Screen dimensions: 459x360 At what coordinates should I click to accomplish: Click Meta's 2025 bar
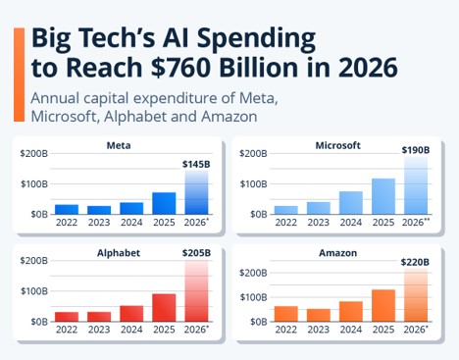coord(164,203)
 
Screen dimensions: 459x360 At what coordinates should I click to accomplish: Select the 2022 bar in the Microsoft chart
coord(286,210)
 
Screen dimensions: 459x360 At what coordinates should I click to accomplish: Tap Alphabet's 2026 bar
coord(196,290)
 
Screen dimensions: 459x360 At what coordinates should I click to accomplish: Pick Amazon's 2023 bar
coord(319,315)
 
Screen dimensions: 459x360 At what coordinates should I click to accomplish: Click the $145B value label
coord(196,165)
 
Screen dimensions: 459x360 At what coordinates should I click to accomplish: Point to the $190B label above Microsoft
coord(416,150)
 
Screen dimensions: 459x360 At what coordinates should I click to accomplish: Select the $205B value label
coord(196,253)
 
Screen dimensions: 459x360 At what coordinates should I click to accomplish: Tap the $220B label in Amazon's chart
coord(415,262)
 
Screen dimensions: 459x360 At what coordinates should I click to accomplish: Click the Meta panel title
coord(119,145)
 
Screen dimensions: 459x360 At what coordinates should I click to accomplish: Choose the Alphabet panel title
coord(119,253)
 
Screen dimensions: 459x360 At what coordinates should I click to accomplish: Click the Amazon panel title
coord(338,253)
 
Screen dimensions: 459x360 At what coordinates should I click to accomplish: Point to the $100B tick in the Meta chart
coord(34,184)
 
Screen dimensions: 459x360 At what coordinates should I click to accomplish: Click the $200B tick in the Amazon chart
coord(253,273)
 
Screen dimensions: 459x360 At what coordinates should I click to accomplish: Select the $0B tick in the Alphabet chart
coord(39,322)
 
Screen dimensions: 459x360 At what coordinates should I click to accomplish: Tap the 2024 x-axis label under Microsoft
coord(351,223)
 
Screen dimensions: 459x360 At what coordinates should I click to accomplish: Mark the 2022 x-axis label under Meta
coord(67,223)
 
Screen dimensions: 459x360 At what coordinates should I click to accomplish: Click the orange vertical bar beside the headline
coord(19,75)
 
